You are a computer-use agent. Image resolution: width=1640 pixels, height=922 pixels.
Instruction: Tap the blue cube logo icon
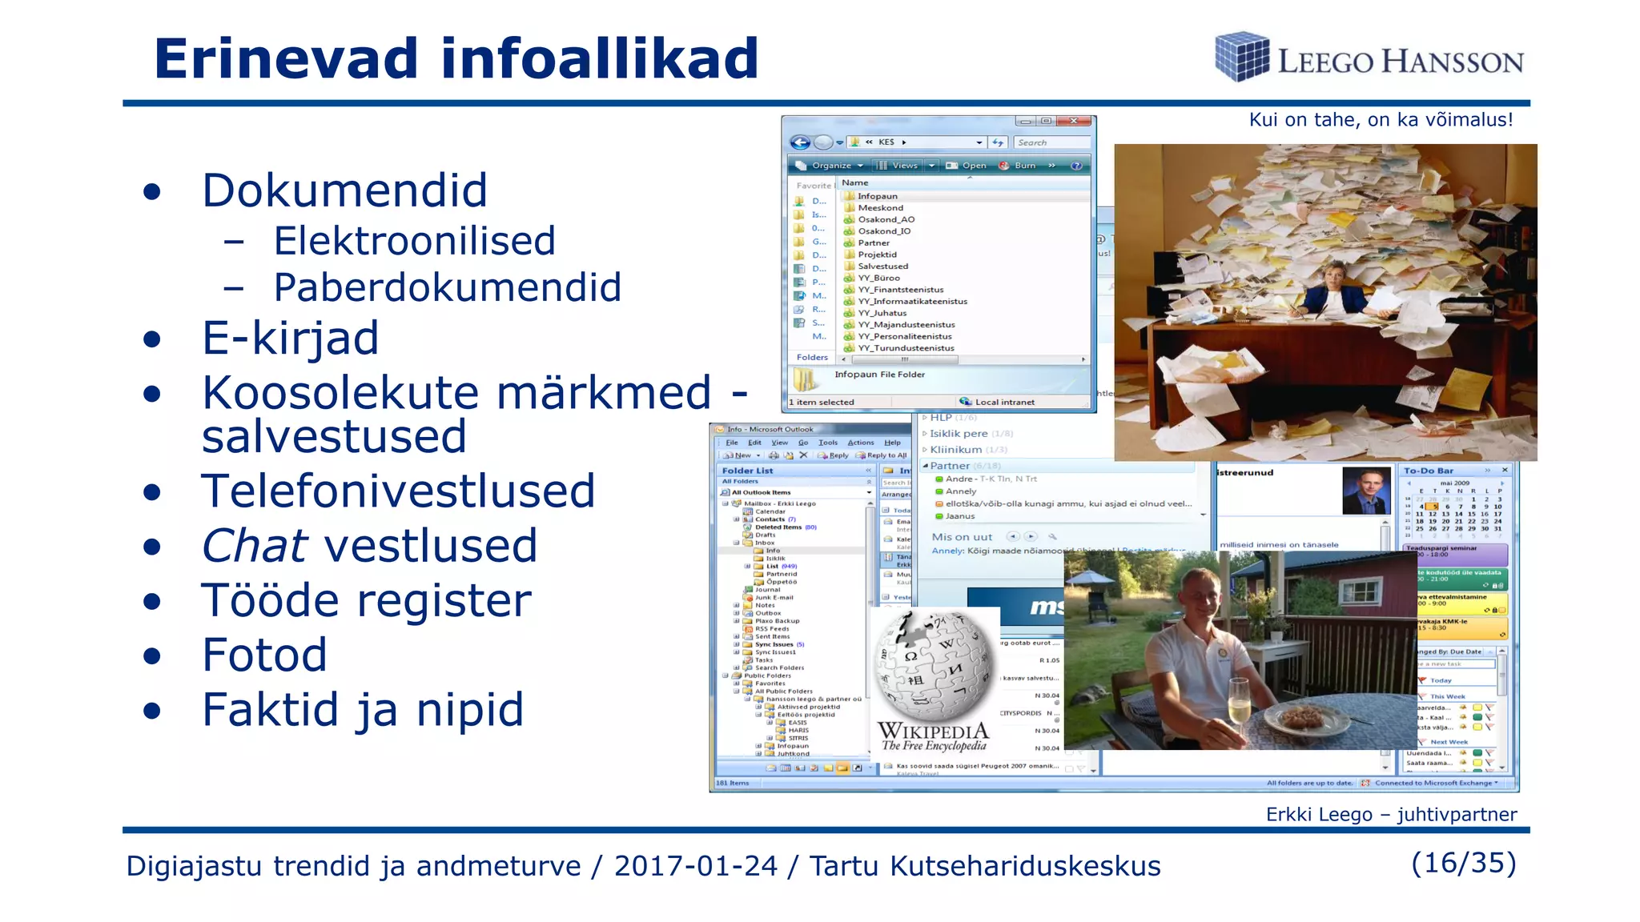click(x=1241, y=56)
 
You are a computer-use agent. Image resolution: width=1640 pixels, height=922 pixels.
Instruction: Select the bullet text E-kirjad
click(x=290, y=338)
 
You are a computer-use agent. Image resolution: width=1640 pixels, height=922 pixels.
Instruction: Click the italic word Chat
click(x=255, y=546)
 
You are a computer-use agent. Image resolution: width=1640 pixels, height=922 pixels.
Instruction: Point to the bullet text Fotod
click(x=264, y=655)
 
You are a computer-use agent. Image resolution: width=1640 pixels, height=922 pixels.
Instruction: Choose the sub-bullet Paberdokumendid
click(x=447, y=287)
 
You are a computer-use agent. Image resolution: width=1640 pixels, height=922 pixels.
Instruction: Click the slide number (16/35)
click(x=1464, y=863)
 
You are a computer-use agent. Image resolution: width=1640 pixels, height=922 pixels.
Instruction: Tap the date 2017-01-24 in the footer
click(x=695, y=866)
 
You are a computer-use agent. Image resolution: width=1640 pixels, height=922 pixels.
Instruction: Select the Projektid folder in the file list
click(x=877, y=255)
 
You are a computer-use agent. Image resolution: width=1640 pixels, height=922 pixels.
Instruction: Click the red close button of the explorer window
click(x=1073, y=122)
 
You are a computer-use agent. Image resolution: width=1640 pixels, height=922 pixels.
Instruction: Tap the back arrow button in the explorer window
click(x=800, y=142)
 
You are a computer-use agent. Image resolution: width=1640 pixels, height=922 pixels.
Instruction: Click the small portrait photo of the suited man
click(x=1366, y=490)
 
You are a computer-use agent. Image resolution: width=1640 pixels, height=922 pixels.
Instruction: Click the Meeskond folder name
click(x=880, y=208)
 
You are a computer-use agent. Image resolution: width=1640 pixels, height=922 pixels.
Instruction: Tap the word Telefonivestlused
click(x=398, y=491)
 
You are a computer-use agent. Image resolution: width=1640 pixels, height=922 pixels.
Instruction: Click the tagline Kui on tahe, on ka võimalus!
click(x=1381, y=120)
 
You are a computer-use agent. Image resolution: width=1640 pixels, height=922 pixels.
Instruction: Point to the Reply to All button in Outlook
click(x=886, y=455)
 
